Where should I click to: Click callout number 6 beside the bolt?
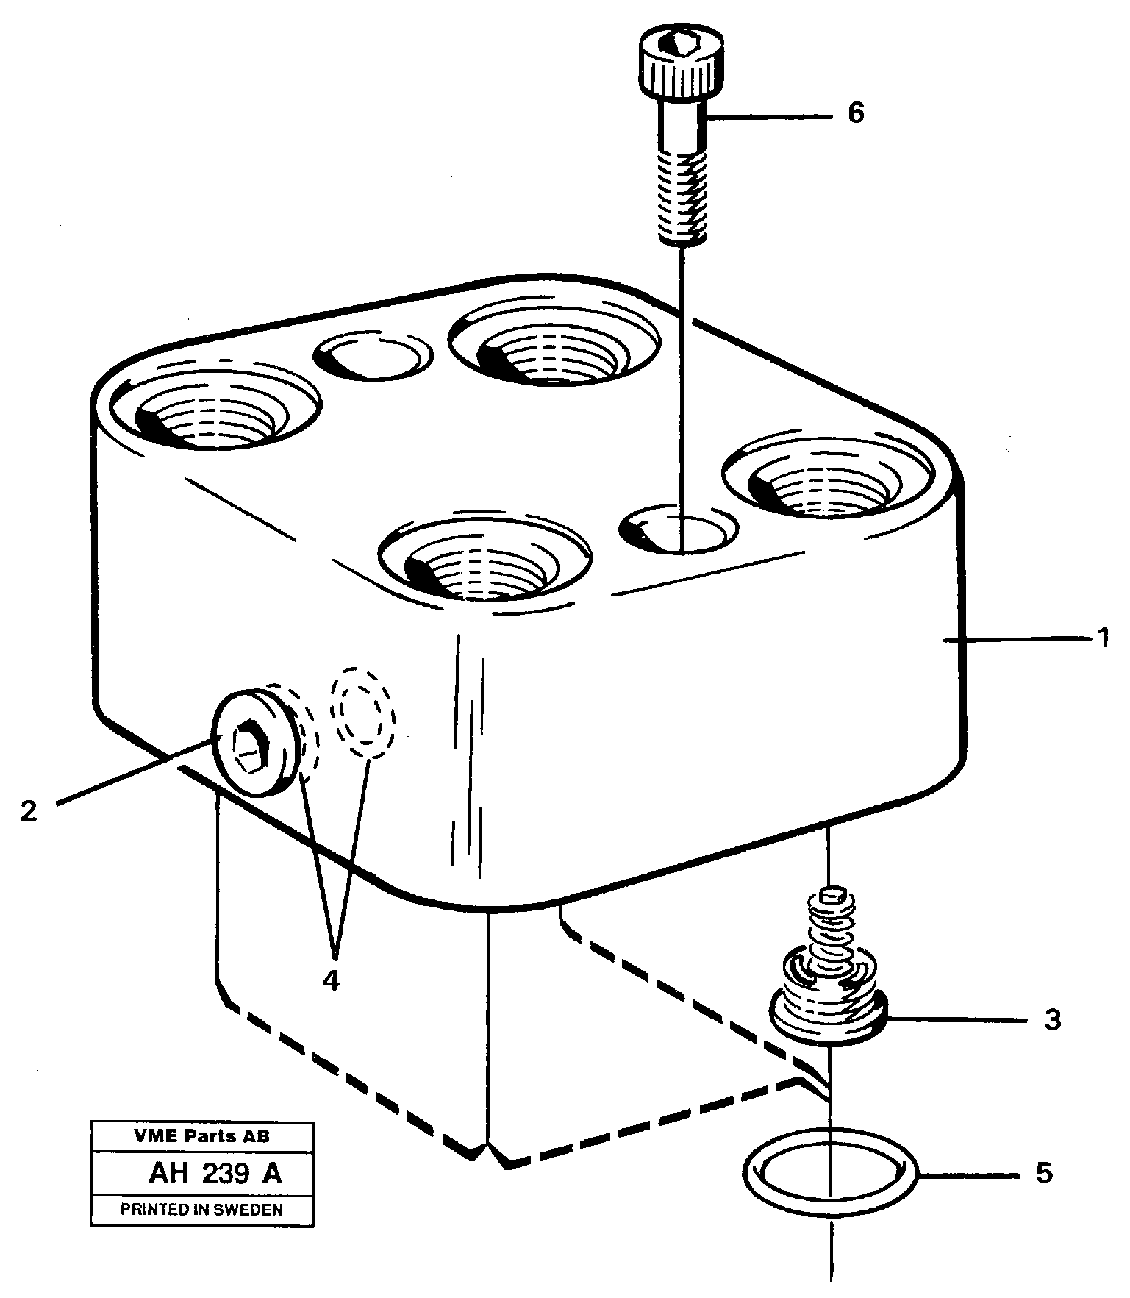point(856,113)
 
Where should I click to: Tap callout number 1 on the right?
point(1102,637)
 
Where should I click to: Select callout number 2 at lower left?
point(29,810)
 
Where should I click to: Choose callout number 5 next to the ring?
point(1044,1172)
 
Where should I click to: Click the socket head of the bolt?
point(676,66)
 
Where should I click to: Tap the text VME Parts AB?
point(201,1136)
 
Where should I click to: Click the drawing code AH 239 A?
point(215,1174)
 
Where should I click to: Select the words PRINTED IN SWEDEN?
point(201,1209)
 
